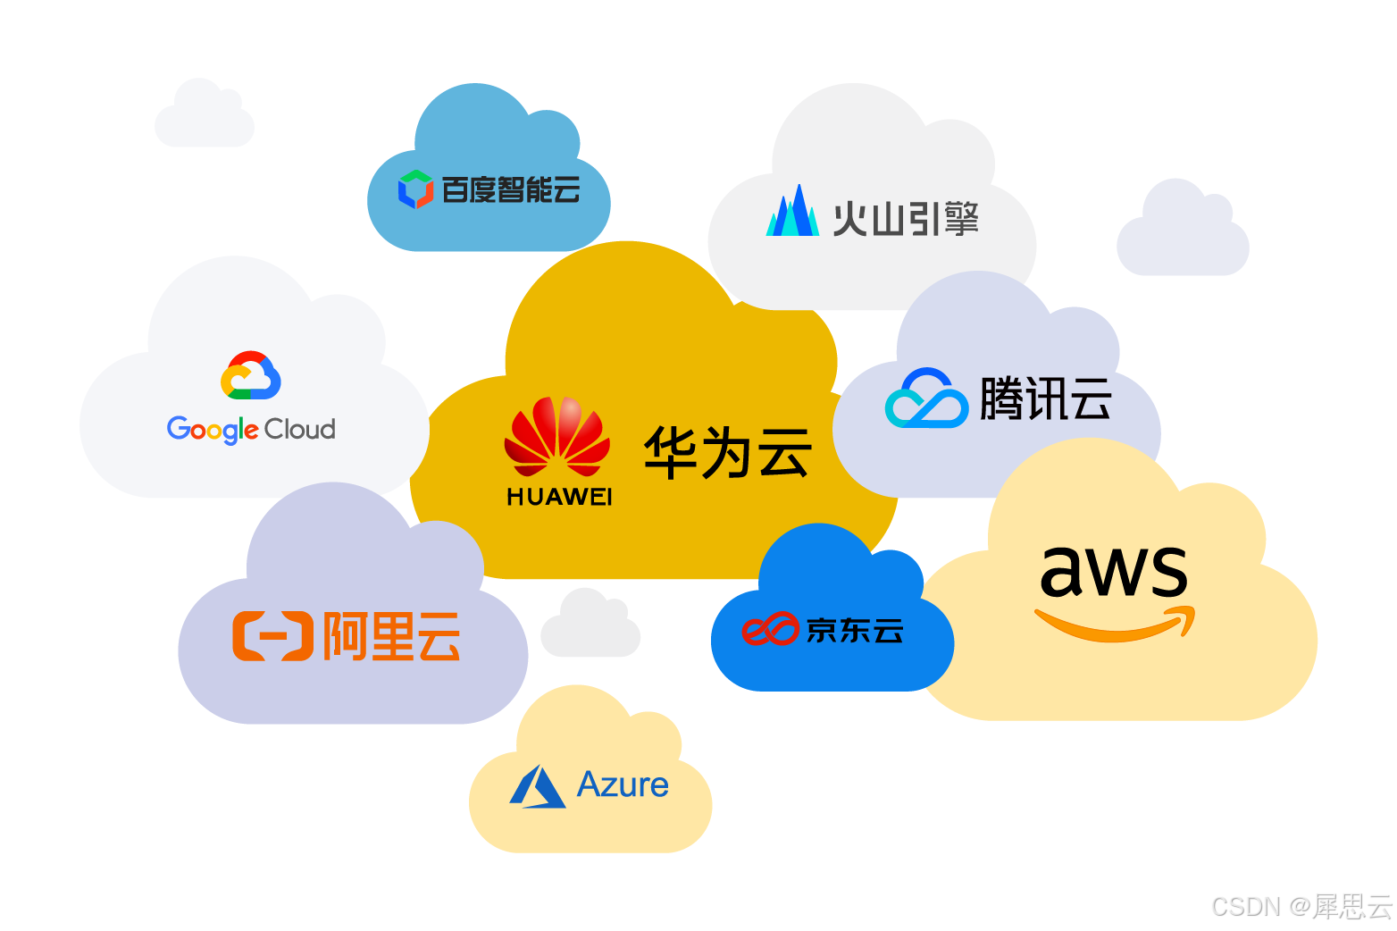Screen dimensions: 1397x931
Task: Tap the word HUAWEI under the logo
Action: (x=559, y=497)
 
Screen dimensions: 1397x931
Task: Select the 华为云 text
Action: (x=727, y=452)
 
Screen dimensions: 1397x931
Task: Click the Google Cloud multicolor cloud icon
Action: (x=251, y=375)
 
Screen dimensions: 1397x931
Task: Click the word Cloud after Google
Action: (x=300, y=430)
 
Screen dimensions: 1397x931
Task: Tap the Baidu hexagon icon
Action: (x=415, y=189)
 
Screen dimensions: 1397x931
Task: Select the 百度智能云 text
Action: (x=511, y=189)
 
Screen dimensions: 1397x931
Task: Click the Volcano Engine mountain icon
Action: (x=792, y=212)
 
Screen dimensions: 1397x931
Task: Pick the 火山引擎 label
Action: (x=906, y=219)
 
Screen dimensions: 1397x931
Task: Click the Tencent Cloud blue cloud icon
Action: (x=926, y=398)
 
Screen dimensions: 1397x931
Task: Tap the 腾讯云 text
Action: (x=1046, y=398)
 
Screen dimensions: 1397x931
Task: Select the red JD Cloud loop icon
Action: (x=769, y=629)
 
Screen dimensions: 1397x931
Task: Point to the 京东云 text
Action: (x=855, y=631)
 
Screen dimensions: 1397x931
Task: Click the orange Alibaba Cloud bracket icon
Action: (x=272, y=636)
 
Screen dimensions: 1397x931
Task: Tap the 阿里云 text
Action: (x=391, y=636)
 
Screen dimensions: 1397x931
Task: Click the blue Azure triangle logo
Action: (x=538, y=787)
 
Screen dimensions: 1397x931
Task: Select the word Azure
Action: (x=623, y=784)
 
